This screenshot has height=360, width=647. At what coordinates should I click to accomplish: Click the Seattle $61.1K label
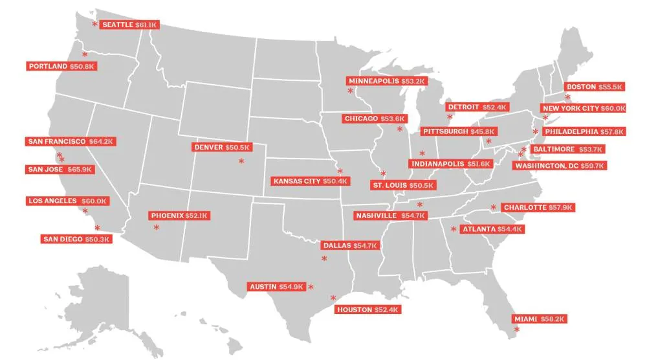129,25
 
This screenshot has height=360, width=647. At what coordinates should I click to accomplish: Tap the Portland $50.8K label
62,66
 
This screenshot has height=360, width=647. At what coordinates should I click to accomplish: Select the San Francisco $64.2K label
71,141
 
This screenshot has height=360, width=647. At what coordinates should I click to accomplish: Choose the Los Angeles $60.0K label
67,201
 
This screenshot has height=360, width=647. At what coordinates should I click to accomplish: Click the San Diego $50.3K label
76,239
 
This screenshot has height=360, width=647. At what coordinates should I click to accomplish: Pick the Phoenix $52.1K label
180,215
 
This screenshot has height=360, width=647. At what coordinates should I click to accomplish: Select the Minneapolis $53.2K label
386,81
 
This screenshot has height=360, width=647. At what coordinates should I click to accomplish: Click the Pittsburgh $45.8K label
455,131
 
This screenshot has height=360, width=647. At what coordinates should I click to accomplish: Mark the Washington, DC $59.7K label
560,166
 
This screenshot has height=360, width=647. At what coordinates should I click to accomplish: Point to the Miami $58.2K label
540,319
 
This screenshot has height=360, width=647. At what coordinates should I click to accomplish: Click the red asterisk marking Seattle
94,24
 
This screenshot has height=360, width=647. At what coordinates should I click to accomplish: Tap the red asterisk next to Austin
311,287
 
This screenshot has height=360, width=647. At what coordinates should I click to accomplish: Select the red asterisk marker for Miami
516,330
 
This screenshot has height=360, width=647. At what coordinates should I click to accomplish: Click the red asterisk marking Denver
241,161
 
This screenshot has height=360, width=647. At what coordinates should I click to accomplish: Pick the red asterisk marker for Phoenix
156,227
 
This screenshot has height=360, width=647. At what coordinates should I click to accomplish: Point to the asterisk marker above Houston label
333,298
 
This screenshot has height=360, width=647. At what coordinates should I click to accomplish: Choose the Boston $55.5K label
594,87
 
